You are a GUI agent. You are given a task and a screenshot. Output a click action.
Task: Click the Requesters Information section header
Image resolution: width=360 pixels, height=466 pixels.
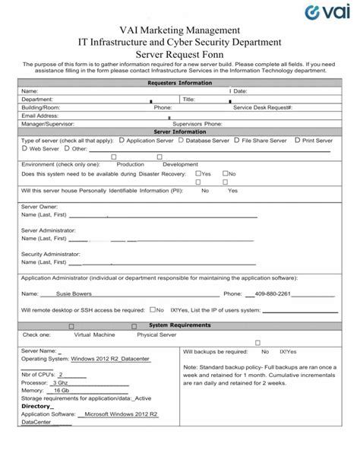180,82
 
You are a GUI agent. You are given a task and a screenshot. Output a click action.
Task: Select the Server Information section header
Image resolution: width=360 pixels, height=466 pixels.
180,132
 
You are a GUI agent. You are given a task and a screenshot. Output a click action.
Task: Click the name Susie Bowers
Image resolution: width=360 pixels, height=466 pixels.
74,293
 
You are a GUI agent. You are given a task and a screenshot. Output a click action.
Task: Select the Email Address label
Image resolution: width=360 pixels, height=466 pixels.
40,116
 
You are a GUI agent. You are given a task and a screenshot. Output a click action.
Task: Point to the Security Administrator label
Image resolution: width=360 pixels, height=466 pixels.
50,254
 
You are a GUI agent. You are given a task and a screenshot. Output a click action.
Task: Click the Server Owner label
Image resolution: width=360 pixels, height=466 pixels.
39,207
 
